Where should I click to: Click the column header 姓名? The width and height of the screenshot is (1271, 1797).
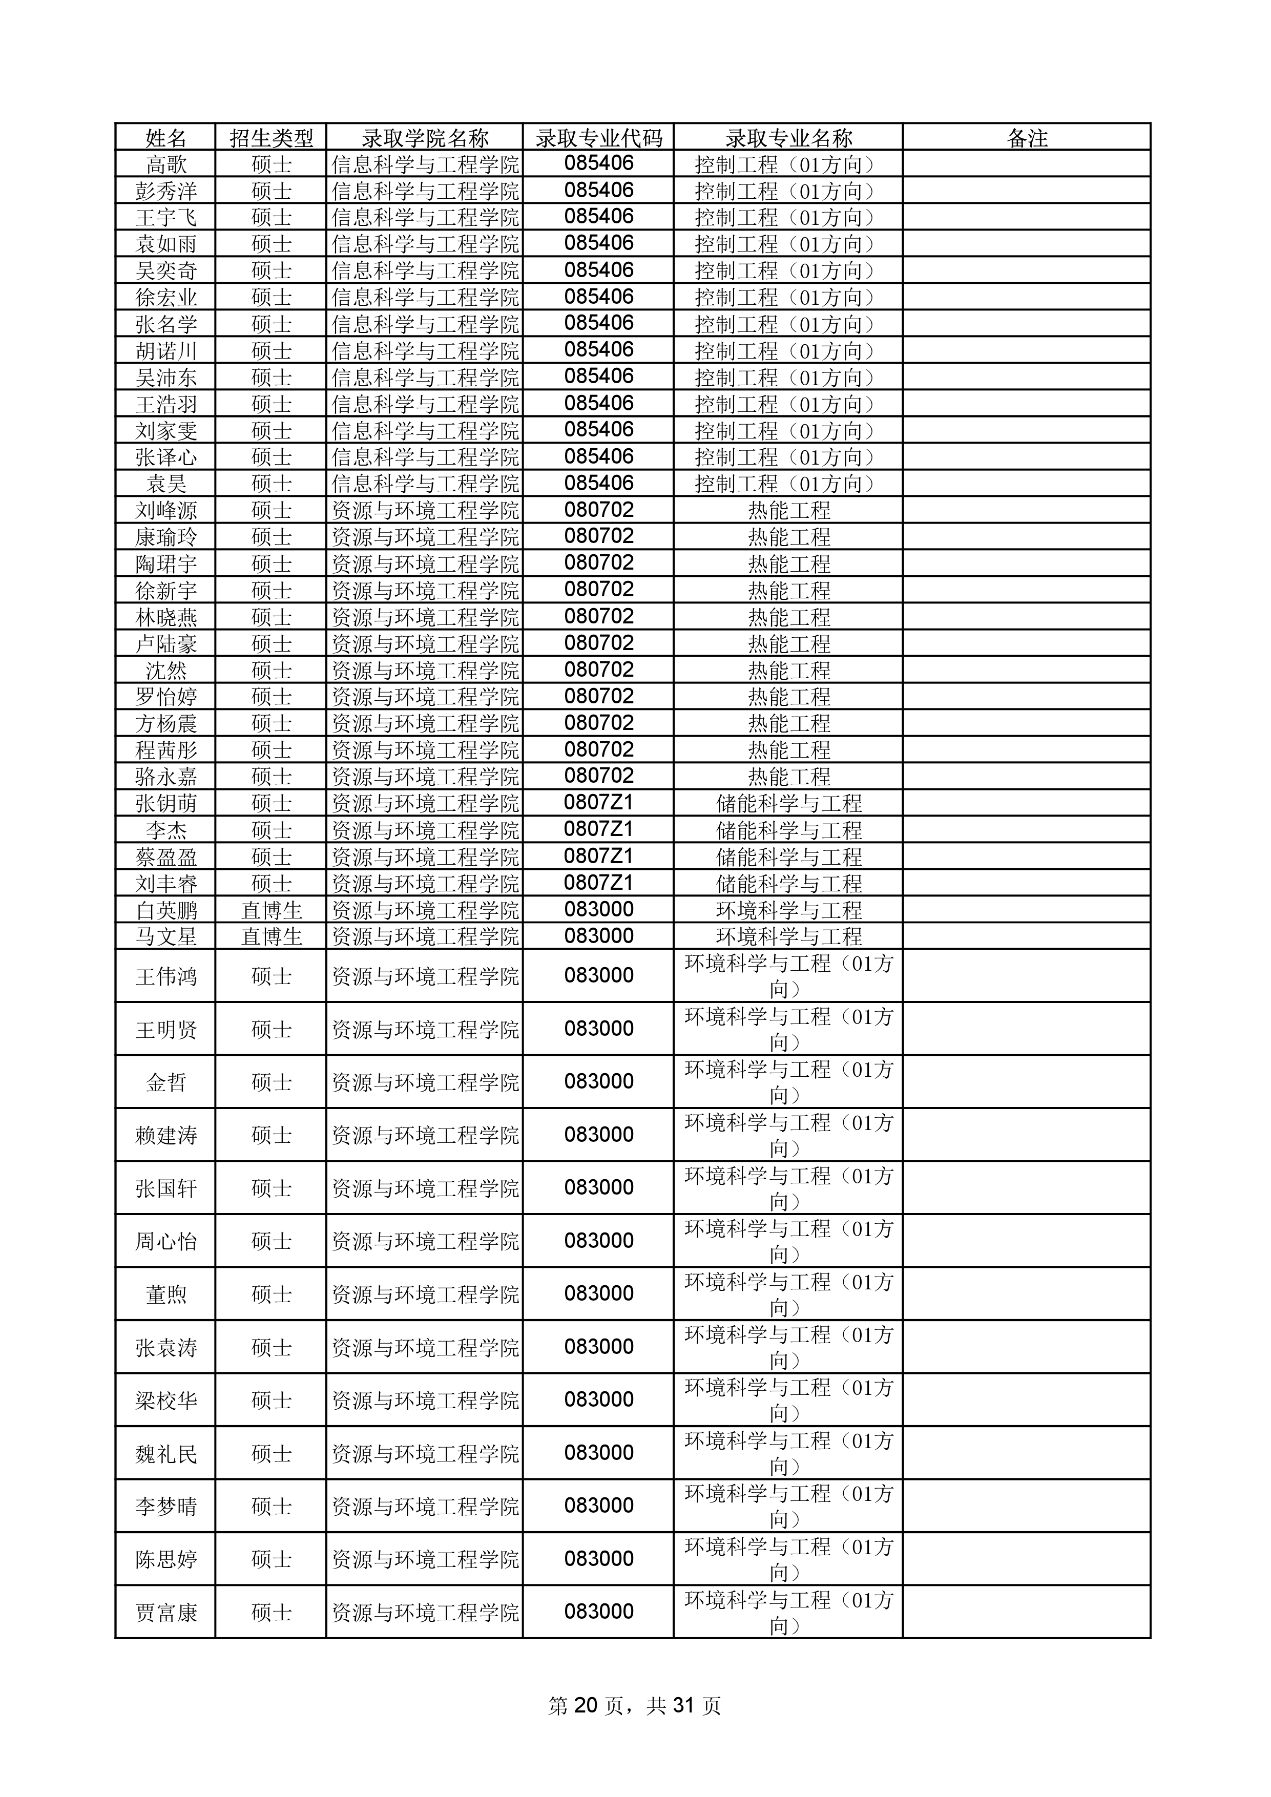point(166,138)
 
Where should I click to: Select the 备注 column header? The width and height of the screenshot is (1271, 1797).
point(1027,138)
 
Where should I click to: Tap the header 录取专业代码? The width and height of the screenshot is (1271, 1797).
point(599,138)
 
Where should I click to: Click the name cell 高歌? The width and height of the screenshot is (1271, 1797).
point(166,165)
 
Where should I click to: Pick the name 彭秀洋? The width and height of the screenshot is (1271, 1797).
point(166,192)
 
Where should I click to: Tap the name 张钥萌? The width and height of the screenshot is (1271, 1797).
point(166,804)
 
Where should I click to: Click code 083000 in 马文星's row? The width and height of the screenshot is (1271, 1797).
point(599,936)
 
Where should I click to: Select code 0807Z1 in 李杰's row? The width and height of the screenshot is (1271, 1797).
point(599,830)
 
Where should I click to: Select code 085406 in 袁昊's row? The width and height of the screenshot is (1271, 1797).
point(599,484)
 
